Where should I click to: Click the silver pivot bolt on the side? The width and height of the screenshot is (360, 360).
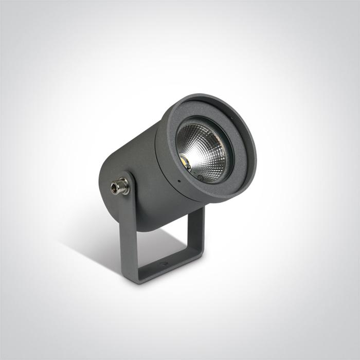click(x=120, y=186)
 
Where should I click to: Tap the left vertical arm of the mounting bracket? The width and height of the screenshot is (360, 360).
click(x=128, y=231)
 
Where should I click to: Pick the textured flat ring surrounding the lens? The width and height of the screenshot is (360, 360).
click(x=242, y=154)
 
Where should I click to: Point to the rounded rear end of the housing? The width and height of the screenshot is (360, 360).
click(x=105, y=175)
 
